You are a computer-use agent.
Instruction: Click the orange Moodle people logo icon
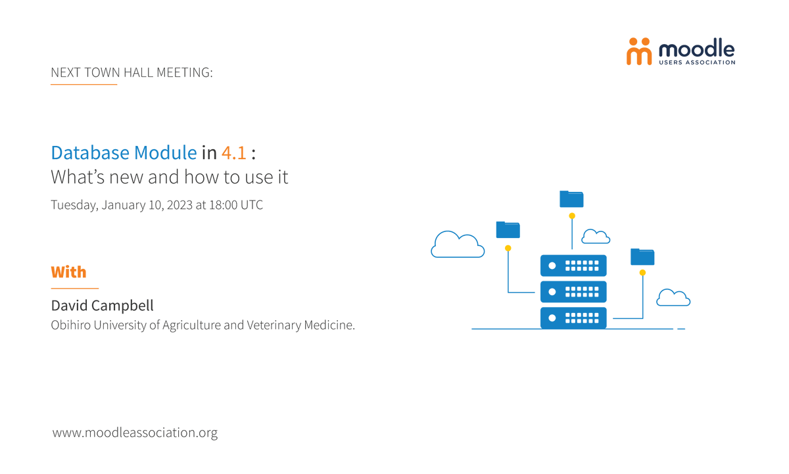[x=638, y=51]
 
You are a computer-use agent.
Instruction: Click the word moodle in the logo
[x=696, y=48]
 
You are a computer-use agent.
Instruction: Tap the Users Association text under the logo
[x=696, y=62]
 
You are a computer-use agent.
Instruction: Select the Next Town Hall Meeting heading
[x=131, y=72]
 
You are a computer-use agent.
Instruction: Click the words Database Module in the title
[x=124, y=153]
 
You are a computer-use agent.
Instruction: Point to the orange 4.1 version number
[x=233, y=153]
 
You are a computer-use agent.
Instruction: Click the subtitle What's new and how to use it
[x=170, y=177]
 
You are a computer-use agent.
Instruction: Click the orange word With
[x=68, y=272]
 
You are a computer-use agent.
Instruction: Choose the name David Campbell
[x=102, y=306]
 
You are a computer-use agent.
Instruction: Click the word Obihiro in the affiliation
[x=72, y=325]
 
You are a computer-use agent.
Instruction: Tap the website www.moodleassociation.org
[x=135, y=433]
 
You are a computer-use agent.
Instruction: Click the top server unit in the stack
[x=573, y=266]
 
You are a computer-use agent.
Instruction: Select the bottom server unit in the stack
[x=573, y=318]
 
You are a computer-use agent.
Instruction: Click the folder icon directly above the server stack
[x=571, y=199]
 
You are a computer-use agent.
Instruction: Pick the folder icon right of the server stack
[x=642, y=256]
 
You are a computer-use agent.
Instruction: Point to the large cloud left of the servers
[x=458, y=245]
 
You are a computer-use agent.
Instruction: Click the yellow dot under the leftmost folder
[x=508, y=248]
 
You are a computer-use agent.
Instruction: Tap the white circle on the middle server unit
[x=552, y=292]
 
